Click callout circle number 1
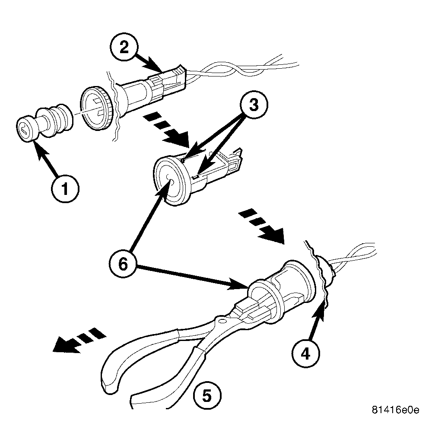pyautogui.click(x=65, y=188)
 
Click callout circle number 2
pyautogui.click(x=124, y=48)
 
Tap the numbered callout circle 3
pyautogui.click(x=254, y=105)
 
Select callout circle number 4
pyautogui.click(x=306, y=354)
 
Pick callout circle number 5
pyautogui.click(x=207, y=395)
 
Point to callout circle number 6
pyautogui.click(x=123, y=264)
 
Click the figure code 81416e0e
pyautogui.click(x=395, y=410)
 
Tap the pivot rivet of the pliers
pyautogui.click(x=222, y=321)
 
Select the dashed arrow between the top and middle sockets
pyautogui.click(x=166, y=130)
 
